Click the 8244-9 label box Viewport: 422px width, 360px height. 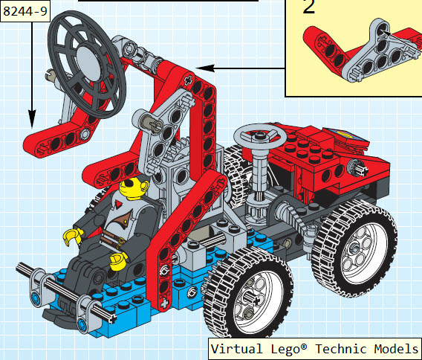click(x=25, y=11)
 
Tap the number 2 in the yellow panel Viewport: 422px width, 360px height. click(x=308, y=7)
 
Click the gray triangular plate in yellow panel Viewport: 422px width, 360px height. click(x=382, y=53)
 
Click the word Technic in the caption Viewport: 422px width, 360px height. click(x=341, y=349)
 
